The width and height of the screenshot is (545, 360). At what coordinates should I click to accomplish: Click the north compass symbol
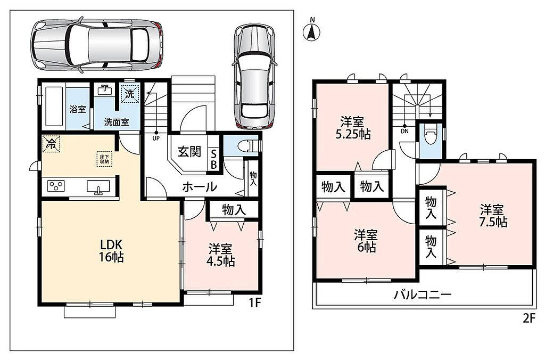(312, 30)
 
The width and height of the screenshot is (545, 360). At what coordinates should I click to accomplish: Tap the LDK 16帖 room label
(112, 250)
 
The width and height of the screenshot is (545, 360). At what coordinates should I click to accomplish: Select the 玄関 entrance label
(189, 152)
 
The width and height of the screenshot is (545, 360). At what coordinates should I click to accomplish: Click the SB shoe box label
(213, 159)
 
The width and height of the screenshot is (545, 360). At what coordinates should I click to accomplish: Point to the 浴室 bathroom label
(78, 110)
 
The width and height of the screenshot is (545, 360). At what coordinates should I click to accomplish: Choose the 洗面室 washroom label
(117, 122)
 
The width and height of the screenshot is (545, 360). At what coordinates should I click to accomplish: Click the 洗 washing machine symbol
(130, 94)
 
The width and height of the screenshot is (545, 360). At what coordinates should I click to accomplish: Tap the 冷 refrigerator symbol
(51, 143)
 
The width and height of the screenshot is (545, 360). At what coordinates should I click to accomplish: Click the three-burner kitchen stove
(56, 185)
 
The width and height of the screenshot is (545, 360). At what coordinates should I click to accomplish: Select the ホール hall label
(200, 187)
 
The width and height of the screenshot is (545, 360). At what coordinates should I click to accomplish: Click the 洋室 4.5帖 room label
(221, 255)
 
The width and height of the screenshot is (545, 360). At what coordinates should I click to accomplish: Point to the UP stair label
(156, 138)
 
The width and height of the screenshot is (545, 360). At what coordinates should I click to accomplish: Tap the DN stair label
(404, 131)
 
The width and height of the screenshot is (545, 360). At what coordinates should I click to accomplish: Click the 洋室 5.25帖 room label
(353, 128)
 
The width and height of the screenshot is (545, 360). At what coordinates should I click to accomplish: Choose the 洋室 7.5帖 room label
(493, 216)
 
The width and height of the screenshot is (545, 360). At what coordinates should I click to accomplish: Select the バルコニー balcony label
(423, 295)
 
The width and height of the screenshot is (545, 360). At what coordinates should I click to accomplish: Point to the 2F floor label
(528, 318)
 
